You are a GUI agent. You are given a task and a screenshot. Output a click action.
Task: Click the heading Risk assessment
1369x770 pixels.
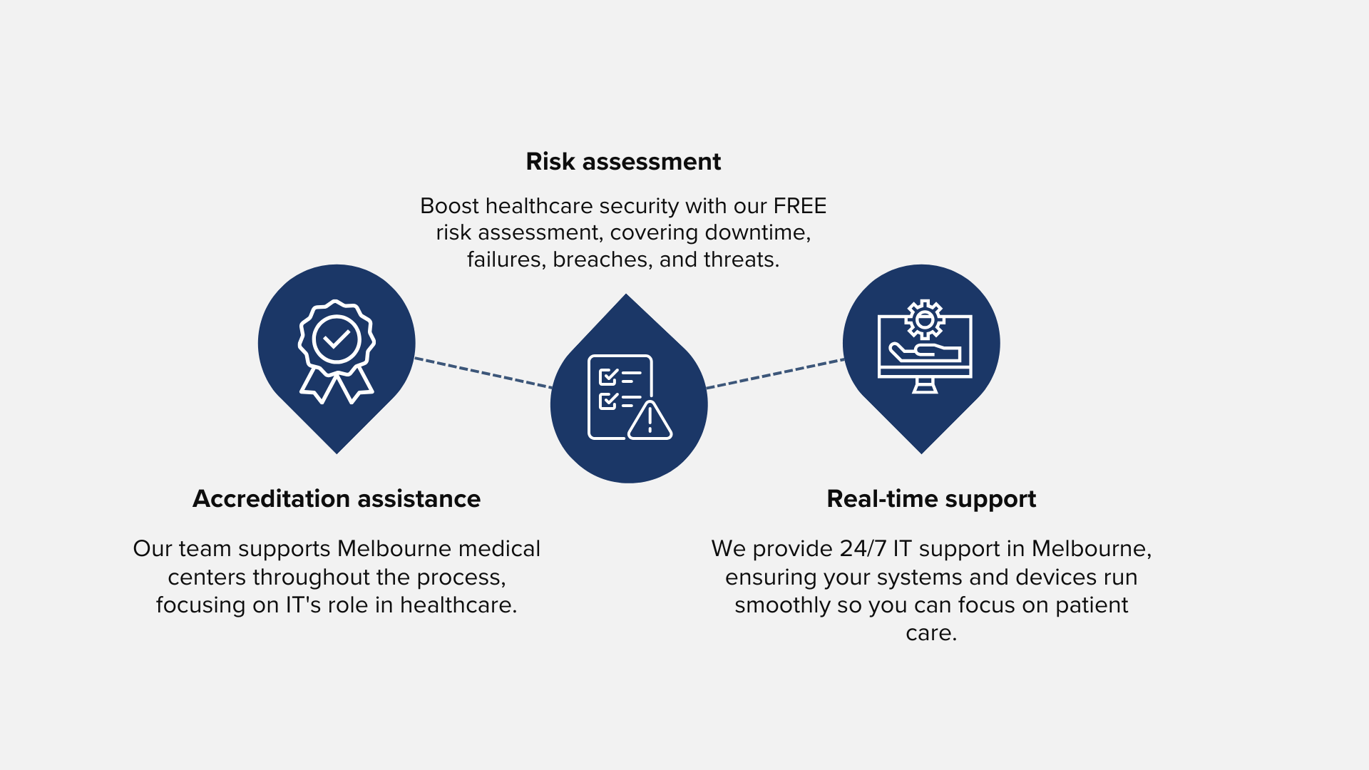(623, 162)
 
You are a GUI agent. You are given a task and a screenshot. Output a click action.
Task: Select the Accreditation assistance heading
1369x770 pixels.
(337, 498)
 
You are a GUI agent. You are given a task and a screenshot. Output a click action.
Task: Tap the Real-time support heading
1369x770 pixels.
(931, 499)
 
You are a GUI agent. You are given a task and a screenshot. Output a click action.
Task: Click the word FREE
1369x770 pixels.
(800, 206)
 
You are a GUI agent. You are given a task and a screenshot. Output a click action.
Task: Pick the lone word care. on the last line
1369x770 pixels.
(931, 633)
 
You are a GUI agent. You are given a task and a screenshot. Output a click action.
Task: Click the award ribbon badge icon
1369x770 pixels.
(337, 351)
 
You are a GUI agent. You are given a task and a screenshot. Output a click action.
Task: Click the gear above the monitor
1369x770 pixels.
(925, 319)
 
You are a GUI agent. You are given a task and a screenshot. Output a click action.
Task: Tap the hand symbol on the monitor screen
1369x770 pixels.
(925, 352)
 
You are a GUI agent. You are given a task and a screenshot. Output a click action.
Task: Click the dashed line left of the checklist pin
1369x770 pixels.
(483, 373)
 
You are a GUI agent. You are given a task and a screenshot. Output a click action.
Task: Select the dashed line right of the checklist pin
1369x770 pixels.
(776, 374)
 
